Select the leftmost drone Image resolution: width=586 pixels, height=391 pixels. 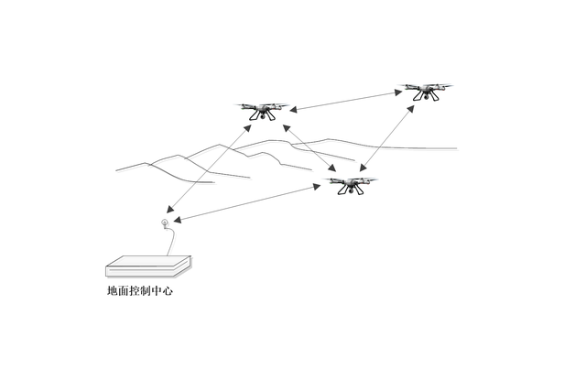265,110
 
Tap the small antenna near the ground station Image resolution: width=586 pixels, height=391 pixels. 165,223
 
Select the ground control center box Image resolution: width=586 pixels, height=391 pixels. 148,266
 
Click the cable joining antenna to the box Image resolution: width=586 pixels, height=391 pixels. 174,240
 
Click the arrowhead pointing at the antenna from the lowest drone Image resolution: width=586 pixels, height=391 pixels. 179,219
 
